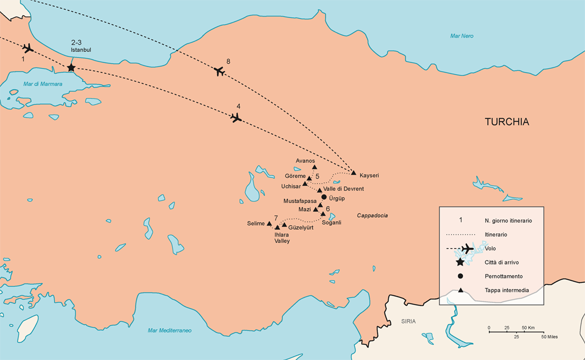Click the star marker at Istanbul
[x=71, y=67]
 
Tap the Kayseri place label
[x=369, y=175]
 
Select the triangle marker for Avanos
[x=314, y=167]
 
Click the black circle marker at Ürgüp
[x=324, y=197]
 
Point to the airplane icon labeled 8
[x=219, y=71]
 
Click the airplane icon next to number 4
[x=236, y=117]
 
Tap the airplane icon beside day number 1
[x=28, y=48]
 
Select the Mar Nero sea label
[x=461, y=36]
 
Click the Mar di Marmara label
[x=43, y=84]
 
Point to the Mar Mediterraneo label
[x=169, y=330]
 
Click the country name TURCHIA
[x=506, y=122]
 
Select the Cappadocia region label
[x=372, y=215]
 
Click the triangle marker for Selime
[x=269, y=223]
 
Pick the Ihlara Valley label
[x=282, y=237]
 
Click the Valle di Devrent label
[x=343, y=189]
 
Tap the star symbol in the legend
[x=460, y=262]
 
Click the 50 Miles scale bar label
[x=548, y=337]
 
